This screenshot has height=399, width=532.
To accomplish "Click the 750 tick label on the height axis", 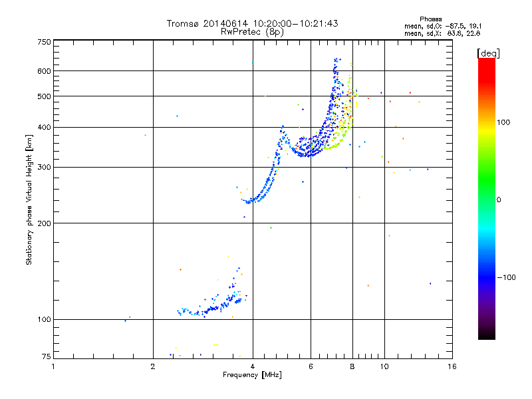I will pyautogui.click(x=44, y=42).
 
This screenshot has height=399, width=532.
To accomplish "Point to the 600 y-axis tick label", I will pyautogui.click(x=44, y=70).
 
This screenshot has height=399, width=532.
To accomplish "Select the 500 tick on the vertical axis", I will pyautogui.click(x=44, y=96).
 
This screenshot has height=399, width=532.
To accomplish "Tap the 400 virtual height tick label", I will pyautogui.click(x=44, y=127).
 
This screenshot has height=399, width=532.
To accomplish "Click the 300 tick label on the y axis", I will pyautogui.click(x=44, y=167).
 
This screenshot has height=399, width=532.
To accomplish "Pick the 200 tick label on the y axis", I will pyautogui.click(x=44, y=223).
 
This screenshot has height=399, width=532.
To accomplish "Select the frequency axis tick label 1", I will pyautogui.click(x=54, y=366).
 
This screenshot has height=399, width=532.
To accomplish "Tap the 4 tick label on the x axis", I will pyautogui.click(x=253, y=366).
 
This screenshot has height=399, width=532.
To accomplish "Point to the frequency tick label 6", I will pyautogui.click(x=311, y=366).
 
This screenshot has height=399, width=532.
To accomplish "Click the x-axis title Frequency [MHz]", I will pyautogui.click(x=252, y=376).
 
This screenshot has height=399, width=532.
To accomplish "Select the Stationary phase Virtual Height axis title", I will pyautogui.click(x=29, y=199).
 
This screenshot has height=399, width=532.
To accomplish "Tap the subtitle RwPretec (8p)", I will pyautogui.click(x=252, y=31).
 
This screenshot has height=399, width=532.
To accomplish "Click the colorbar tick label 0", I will pyautogui.click(x=499, y=199).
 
